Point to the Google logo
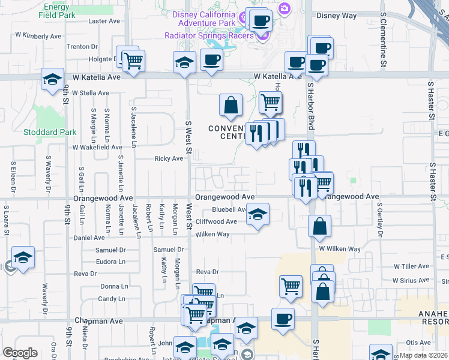click(x=20, y=353)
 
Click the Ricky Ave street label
click(x=169, y=158)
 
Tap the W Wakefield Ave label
click(x=97, y=146)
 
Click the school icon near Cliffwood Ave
click(x=258, y=214)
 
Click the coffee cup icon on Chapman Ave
click(x=283, y=319)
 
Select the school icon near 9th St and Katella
click(x=52, y=79)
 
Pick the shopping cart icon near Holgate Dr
click(x=132, y=60)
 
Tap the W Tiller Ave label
click(x=413, y=266)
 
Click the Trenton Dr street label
click(x=82, y=46)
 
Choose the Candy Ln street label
click(x=112, y=298)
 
